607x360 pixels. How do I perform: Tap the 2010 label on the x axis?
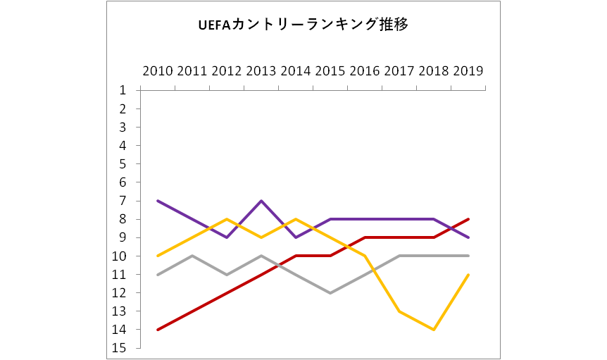pyautogui.click(x=157, y=71)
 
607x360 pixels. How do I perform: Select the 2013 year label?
pyautogui.click(x=261, y=71)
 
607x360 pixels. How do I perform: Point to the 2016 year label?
pyautogui.click(x=365, y=71)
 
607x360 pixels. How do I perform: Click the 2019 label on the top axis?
pyautogui.click(x=468, y=71)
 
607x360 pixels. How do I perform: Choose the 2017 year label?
pyautogui.click(x=399, y=71)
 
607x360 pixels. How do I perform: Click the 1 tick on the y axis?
pyautogui.click(x=123, y=90)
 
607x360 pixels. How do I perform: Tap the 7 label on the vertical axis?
pyautogui.click(x=123, y=201)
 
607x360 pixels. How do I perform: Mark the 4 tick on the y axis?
pyautogui.click(x=123, y=145)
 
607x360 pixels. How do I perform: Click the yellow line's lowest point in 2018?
pyautogui.click(x=434, y=329)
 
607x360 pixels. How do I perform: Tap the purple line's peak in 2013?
pyautogui.click(x=261, y=201)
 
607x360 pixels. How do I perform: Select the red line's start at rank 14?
pyautogui.click(x=157, y=329)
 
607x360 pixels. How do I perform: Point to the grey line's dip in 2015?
pyautogui.click(x=330, y=292)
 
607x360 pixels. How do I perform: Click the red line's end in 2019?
pyautogui.click(x=468, y=219)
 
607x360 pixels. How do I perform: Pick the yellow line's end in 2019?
pyautogui.click(x=468, y=275)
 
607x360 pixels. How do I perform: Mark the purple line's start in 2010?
pyautogui.click(x=157, y=201)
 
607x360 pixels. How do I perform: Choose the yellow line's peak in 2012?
pyautogui.click(x=226, y=219)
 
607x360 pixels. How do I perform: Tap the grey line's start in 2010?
pyautogui.click(x=157, y=275)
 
